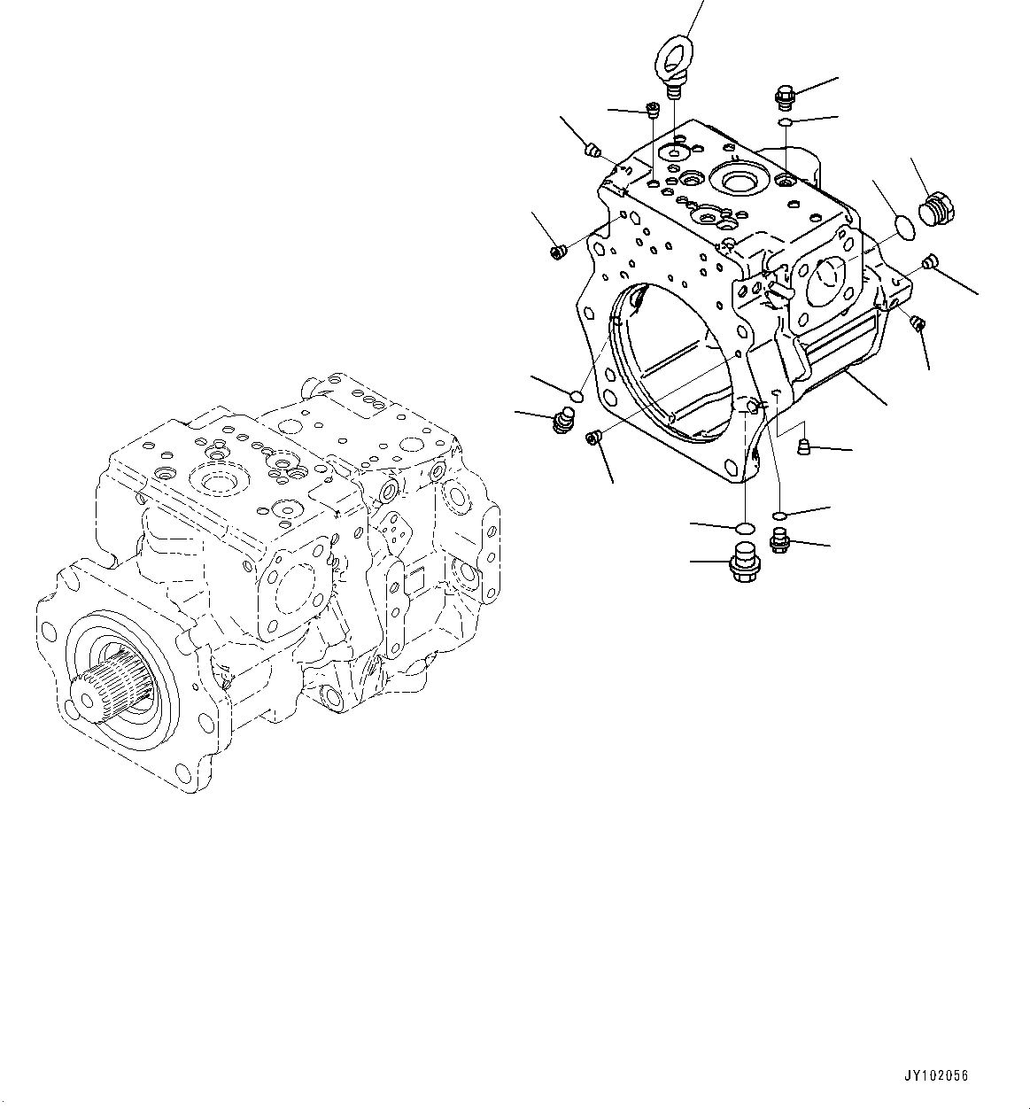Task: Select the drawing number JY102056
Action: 936,1075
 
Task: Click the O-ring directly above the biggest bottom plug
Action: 744,529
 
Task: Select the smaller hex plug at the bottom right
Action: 779,539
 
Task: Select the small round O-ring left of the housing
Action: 575,395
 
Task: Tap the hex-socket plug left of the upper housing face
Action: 558,252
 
